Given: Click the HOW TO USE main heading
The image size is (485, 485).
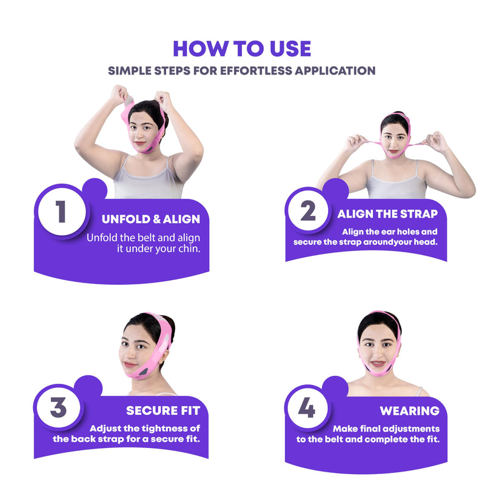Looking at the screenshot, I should tap(242, 48).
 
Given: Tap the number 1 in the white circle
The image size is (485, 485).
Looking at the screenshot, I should tap(61, 212).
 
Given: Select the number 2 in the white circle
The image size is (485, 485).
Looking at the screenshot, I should tap(308, 212).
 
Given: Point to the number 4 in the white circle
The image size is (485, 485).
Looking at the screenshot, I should tap(307, 407).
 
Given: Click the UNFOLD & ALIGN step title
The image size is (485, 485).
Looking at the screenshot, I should tap(151, 219).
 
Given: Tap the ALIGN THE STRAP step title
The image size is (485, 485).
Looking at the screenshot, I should tap(387, 213).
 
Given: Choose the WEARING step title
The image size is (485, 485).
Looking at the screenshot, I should tap(409, 410).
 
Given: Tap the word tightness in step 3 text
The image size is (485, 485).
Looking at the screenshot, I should tap(159, 428).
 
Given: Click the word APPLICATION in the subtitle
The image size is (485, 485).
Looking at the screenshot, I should tap(335, 70).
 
